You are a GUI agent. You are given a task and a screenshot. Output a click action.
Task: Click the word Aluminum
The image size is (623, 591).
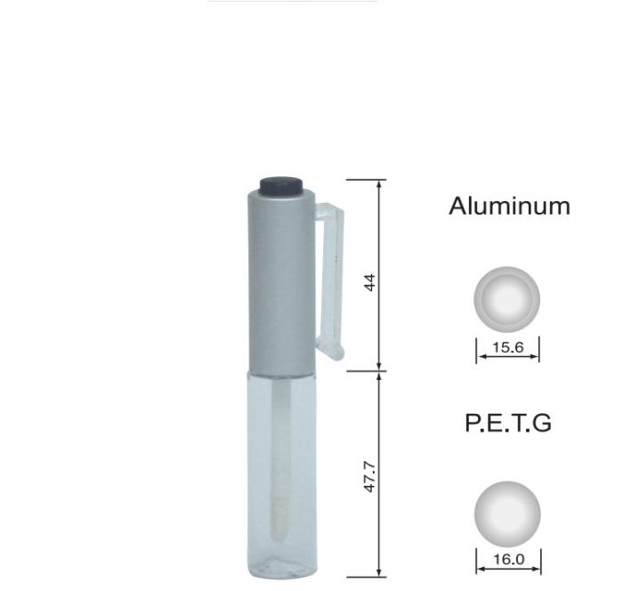[x=509, y=206]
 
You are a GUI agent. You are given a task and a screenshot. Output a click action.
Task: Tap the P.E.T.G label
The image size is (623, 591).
[x=508, y=423]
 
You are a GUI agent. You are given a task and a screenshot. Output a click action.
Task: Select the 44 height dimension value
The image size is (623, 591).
[x=369, y=282]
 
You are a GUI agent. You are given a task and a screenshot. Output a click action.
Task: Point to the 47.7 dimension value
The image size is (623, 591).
[x=369, y=476]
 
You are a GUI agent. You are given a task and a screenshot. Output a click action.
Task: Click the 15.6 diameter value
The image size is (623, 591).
[x=508, y=347]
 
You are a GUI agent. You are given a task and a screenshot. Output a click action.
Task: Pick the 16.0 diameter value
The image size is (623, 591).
[x=508, y=559]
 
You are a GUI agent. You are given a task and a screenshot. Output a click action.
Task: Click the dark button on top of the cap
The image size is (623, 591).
[x=281, y=186]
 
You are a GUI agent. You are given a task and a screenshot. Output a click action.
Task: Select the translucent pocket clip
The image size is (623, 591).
[x=330, y=280]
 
